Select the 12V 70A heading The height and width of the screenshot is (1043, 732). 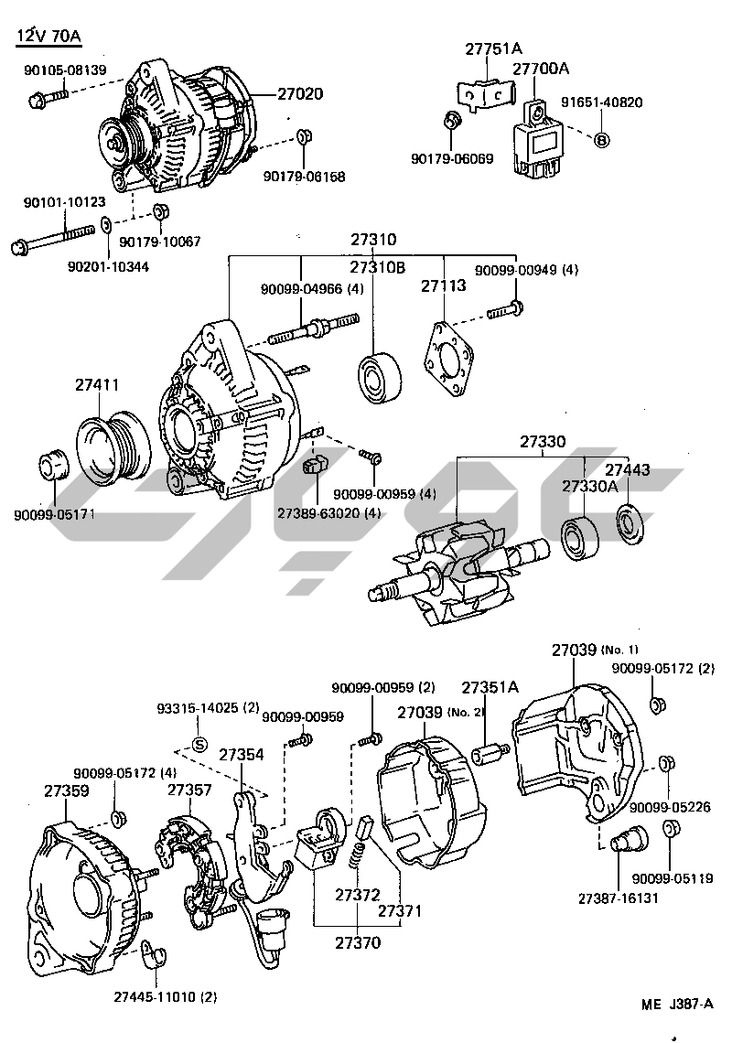click(x=48, y=37)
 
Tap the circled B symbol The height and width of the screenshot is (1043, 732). click(x=601, y=140)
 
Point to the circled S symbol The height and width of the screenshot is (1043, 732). click(x=199, y=742)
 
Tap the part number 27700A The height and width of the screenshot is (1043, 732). click(x=540, y=69)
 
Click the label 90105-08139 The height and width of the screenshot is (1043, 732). click(x=61, y=70)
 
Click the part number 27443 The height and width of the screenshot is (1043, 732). click(x=628, y=469)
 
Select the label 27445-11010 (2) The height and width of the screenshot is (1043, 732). click(x=166, y=996)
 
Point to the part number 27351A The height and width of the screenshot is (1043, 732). click(x=490, y=687)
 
